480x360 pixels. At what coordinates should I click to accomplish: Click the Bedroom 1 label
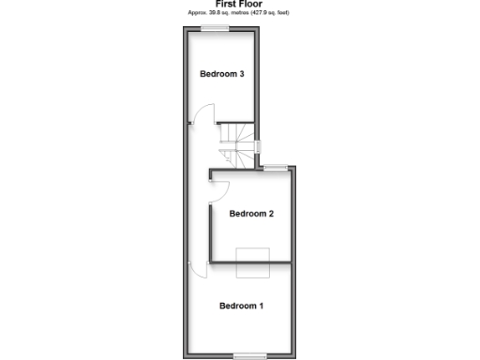pyautogui.click(x=241, y=306)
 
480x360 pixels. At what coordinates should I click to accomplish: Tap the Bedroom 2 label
pyautogui.click(x=251, y=214)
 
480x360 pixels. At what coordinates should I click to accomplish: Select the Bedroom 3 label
pyautogui.click(x=222, y=74)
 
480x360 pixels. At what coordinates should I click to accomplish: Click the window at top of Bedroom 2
pyautogui.click(x=275, y=168)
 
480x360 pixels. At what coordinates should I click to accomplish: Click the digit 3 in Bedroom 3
pyautogui.click(x=242, y=74)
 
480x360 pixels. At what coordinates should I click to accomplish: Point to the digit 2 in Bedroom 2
pyautogui.click(x=271, y=214)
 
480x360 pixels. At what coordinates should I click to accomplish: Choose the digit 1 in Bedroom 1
pyautogui.click(x=261, y=306)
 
